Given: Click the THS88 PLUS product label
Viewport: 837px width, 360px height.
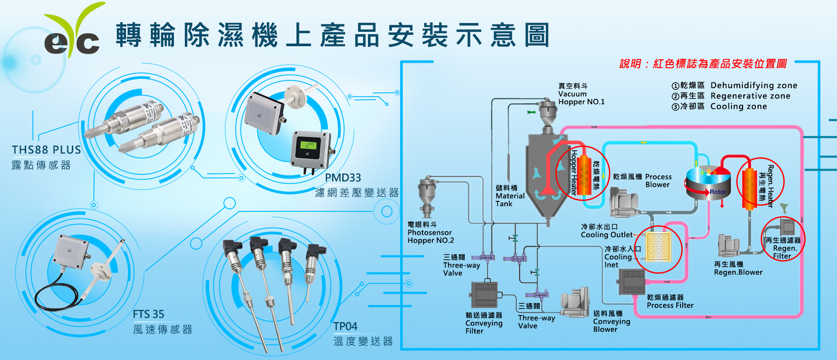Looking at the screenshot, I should click(x=46, y=150).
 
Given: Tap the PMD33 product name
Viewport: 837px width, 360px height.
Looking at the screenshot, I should click(x=343, y=178).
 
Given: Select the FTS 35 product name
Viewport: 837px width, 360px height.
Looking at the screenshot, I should click(x=148, y=314).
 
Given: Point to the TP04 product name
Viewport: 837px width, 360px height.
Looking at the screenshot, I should click(x=345, y=326).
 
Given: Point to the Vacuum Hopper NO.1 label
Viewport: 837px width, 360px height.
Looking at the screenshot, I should click(x=581, y=94).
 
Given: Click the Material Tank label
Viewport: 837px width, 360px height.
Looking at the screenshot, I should click(x=510, y=196).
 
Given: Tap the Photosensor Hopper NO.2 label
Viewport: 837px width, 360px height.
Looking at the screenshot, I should click(x=430, y=233).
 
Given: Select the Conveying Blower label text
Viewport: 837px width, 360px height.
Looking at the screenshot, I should click(x=611, y=322).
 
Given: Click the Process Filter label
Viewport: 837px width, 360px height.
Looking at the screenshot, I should click(x=670, y=302).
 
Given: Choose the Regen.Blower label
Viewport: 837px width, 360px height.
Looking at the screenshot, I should click(x=738, y=268).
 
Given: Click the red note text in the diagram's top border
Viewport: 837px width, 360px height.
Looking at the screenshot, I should click(x=703, y=64).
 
